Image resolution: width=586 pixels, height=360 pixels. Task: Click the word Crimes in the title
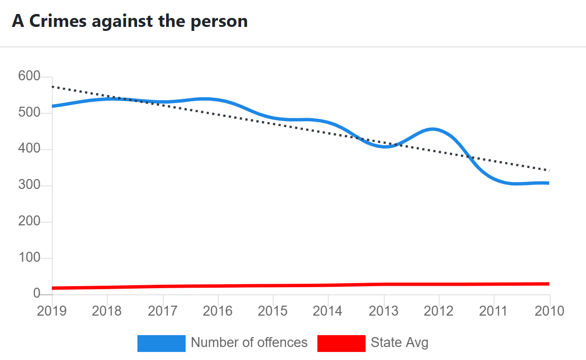tap(58, 21)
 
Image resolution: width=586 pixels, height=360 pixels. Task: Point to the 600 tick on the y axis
tap(29, 77)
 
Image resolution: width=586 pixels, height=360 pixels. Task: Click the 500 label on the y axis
tap(29, 113)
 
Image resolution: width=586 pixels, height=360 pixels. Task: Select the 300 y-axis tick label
tap(29, 186)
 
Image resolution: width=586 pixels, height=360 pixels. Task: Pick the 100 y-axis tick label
tap(29, 258)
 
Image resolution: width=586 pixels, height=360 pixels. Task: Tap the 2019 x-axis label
tap(52, 311)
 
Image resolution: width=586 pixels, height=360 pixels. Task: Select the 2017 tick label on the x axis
tap(163, 311)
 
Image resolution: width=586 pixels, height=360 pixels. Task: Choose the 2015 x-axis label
tap(273, 311)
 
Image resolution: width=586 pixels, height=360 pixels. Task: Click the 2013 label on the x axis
tap(384, 311)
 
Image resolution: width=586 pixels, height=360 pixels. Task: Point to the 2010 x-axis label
tap(549, 311)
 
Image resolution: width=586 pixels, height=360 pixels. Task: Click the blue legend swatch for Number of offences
tap(161, 343)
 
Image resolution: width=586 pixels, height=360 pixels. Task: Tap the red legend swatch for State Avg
tap(341, 343)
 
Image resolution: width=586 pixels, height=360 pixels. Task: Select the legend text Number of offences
tap(249, 343)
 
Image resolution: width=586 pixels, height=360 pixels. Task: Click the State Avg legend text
tap(400, 343)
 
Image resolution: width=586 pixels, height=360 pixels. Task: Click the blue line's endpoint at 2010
tap(549, 183)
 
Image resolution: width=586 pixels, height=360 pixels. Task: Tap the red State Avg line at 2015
tap(273, 286)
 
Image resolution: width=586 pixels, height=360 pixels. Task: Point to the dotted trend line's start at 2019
tap(53, 87)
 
